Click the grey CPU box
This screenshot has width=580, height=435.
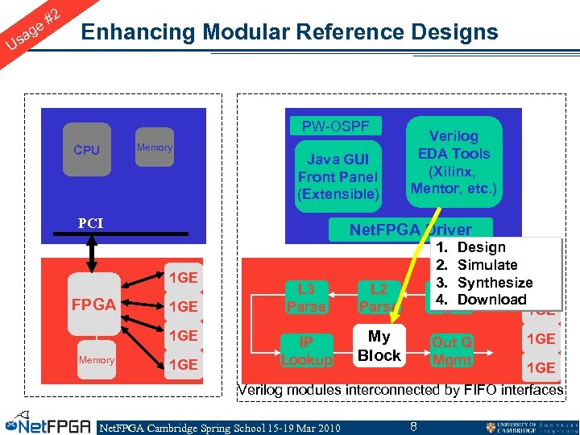(86, 150)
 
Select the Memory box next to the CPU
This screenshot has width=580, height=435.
(154, 147)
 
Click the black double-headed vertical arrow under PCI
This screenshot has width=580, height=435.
(91, 252)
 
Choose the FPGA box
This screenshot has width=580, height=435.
(94, 304)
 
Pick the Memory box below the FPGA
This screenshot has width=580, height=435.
(96, 360)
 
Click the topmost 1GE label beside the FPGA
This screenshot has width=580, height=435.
(183, 277)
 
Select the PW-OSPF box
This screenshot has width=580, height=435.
(335, 126)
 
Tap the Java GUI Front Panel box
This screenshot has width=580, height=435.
(338, 176)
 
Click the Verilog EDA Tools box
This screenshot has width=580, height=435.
(454, 162)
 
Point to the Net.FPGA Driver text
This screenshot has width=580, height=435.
(410, 230)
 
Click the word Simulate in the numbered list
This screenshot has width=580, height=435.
(487, 265)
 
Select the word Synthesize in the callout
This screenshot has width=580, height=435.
(495, 283)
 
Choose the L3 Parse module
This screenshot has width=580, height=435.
(306, 297)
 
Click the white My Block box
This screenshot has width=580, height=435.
(379, 346)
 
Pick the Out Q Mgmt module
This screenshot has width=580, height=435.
(452, 350)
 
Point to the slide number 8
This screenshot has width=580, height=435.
(413, 425)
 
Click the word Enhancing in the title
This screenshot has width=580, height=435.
(140, 32)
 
